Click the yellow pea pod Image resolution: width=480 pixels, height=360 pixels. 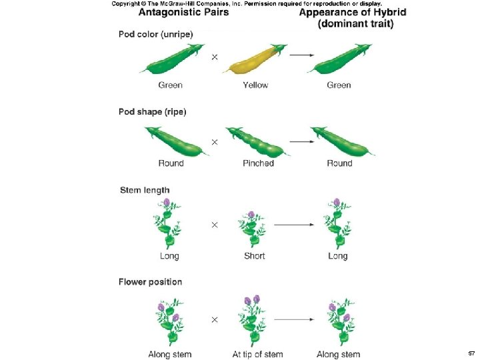click(254, 60)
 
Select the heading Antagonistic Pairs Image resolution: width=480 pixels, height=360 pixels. click(184, 12)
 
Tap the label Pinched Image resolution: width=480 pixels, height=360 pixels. click(258, 163)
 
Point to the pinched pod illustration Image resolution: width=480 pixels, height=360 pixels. click(258, 141)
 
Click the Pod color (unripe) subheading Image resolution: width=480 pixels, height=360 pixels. click(156, 34)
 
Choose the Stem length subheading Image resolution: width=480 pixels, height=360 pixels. click(145, 190)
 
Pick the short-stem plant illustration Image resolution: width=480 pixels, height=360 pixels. click(251, 229)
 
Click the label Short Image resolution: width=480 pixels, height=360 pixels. click(255, 255)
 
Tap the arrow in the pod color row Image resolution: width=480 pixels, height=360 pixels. click(302, 55)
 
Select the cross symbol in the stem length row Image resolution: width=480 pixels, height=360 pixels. click(215, 225)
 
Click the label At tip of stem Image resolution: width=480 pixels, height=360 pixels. click(257, 355)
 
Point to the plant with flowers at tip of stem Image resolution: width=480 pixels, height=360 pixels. click(251, 320)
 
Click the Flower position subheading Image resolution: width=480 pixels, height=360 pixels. click(150, 282)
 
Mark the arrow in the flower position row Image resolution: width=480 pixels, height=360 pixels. click(294, 319)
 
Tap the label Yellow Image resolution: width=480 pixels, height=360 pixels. click(255, 85)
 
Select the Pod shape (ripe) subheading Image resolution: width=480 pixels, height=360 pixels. click(153, 112)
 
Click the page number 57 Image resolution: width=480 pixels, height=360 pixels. click(471, 353)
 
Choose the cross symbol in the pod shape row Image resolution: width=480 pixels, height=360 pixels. click(215, 142)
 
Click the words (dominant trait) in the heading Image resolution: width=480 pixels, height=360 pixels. click(355, 24)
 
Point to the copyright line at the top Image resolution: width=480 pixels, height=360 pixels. click(247, 4)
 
